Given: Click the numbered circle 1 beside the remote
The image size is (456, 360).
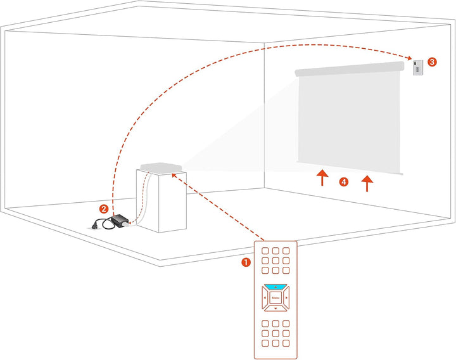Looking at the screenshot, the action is pyautogui.click(x=246, y=262).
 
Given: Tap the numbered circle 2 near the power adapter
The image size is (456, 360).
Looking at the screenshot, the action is pyautogui.click(x=104, y=209).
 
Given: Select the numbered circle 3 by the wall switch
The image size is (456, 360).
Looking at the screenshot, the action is pyautogui.click(x=432, y=62).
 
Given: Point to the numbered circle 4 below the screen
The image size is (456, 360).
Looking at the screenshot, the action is pyautogui.click(x=344, y=182).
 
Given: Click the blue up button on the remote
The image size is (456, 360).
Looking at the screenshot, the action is pyautogui.click(x=275, y=287).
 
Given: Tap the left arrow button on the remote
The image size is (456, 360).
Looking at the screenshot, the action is pyautogui.click(x=265, y=298).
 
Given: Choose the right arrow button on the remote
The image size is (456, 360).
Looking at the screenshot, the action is pyautogui.click(x=286, y=298).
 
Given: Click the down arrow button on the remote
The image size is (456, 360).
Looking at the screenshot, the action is pyautogui.click(x=275, y=308).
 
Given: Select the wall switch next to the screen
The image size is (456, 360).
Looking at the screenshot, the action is pyautogui.click(x=418, y=68).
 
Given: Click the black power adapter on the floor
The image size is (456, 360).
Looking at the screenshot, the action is pyautogui.click(x=118, y=221).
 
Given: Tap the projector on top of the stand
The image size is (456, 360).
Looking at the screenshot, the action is pyautogui.click(x=161, y=167).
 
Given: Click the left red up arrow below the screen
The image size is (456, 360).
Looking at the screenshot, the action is pyautogui.click(x=322, y=178).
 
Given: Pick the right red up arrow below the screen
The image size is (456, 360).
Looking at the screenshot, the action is pyautogui.click(x=367, y=183).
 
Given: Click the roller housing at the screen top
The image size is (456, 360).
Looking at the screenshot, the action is pyautogui.click(x=350, y=68).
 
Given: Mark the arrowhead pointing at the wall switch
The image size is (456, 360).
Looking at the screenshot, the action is pyautogui.click(x=408, y=58).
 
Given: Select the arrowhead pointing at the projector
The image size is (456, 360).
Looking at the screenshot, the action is pyautogui.click(x=174, y=176).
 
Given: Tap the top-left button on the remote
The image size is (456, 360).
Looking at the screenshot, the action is pyautogui.click(x=265, y=250).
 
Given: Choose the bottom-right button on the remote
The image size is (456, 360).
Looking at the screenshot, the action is pyautogui.click(x=286, y=343).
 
